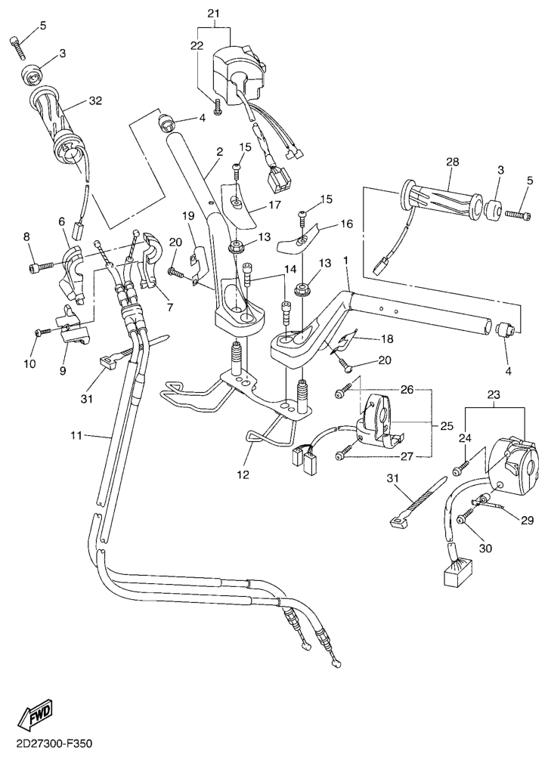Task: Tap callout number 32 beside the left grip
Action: (x=94, y=100)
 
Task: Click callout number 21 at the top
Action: (x=212, y=14)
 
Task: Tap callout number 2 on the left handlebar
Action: (x=219, y=152)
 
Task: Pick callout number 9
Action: (x=63, y=350)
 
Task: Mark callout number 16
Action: (x=347, y=224)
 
